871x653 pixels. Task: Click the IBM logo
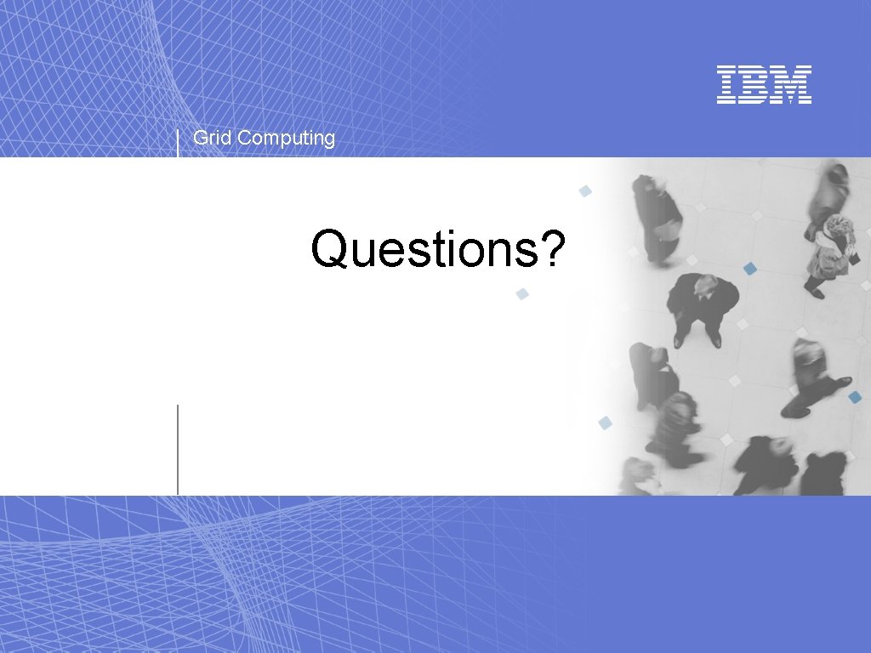coord(764,84)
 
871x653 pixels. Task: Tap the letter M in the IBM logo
coord(794,84)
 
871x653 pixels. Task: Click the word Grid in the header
coord(213,138)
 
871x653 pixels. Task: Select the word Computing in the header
coord(287,139)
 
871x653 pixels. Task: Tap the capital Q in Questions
coord(329,249)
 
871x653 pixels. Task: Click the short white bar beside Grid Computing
coord(178,143)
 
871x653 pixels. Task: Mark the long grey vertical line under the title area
coord(178,449)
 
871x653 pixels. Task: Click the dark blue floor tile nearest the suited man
coord(749,269)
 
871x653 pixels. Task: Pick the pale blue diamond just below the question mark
coord(522,294)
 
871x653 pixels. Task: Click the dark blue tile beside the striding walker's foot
coord(855,397)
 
